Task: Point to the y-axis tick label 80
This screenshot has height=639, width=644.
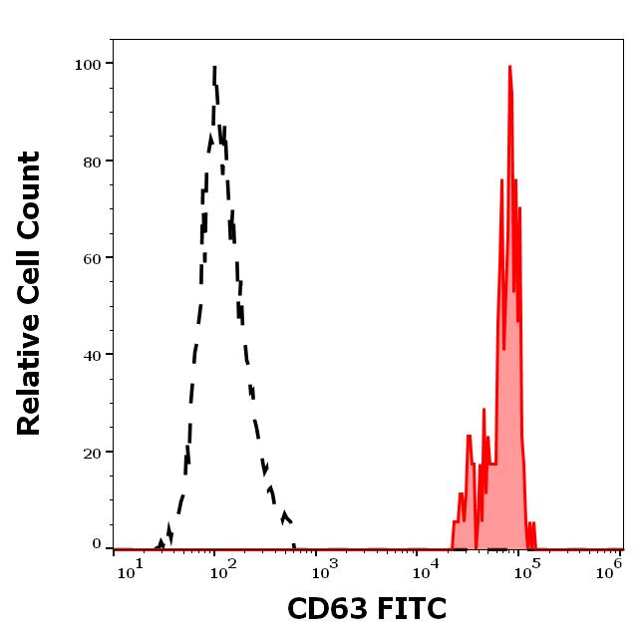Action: pos(91,160)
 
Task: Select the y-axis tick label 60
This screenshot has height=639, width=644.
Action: pos(91,257)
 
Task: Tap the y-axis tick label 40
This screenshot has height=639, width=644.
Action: pos(91,354)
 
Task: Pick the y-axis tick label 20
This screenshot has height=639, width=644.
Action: pos(91,452)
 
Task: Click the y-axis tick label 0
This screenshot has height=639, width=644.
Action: pos(97,544)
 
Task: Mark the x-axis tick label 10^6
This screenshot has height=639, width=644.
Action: pos(610,570)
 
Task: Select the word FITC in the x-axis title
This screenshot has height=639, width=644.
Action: pos(411,609)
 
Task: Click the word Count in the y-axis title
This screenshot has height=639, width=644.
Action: pos(30,193)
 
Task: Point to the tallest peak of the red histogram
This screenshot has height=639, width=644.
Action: pos(509,67)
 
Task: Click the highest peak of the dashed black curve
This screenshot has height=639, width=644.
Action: pos(214,68)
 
